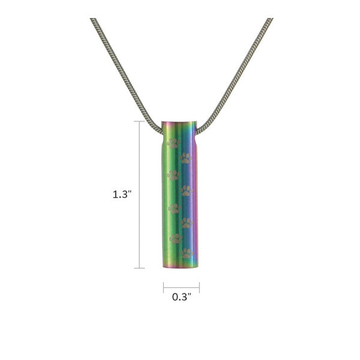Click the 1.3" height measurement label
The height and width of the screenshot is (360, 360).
point(122,195)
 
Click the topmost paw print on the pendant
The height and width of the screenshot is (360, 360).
point(173,143)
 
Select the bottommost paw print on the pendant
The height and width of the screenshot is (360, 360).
point(187,253)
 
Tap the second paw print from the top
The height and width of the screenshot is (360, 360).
point(186,158)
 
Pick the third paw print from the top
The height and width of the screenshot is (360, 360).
point(173,175)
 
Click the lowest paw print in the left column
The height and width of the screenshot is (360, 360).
point(175,239)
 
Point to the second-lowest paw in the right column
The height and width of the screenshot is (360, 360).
point(187,223)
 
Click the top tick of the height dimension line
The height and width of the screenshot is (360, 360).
point(140,122)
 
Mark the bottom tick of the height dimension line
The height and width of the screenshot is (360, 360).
point(140,268)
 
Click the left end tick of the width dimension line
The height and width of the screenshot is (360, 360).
point(163,287)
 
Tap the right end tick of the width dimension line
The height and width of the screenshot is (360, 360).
point(199,287)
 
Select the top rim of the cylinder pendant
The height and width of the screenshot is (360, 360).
point(179,123)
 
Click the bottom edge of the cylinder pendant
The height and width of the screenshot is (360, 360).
point(180,267)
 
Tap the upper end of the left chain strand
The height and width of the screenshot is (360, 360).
point(93,20)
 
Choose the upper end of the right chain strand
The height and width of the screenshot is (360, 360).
point(270,20)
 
